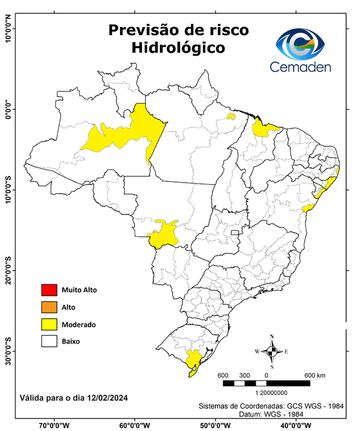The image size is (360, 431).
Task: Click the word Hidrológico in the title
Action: click(x=178, y=48)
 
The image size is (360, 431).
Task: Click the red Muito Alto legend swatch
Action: click(x=49, y=290)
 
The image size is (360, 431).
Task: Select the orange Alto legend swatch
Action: click(x=49, y=307)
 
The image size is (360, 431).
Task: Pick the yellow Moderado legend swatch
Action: click(x=49, y=324)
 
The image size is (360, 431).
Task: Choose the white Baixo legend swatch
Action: click(x=49, y=341)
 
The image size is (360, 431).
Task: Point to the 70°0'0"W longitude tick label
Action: click(x=54, y=425)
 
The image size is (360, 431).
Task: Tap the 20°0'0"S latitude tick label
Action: click(x=7, y=272)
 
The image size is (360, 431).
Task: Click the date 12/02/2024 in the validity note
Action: click(x=107, y=398)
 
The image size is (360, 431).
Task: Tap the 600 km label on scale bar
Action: click(x=315, y=375)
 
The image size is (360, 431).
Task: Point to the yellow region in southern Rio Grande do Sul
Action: click(x=194, y=360)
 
